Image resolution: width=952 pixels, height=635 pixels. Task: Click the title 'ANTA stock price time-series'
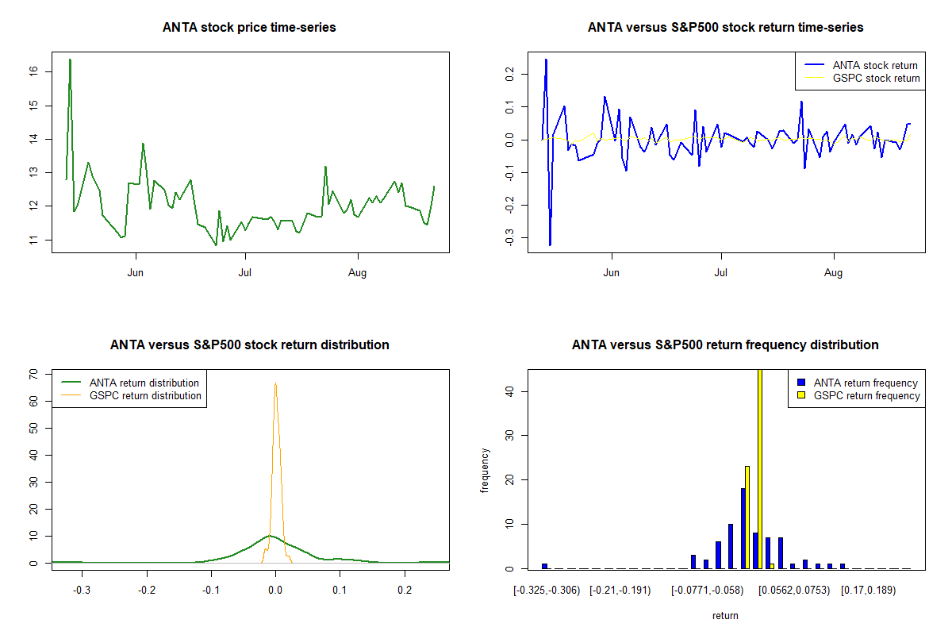coord(249,28)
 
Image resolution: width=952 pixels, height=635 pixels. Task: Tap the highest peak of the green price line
coord(70,60)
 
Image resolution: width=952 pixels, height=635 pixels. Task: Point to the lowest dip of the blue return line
coord(550,244)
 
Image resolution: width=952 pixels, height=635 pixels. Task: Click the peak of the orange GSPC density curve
coord(275,384)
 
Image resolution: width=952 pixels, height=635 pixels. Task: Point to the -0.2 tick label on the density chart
coord(146,591)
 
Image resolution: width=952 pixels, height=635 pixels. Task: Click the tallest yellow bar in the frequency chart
coord(760,468)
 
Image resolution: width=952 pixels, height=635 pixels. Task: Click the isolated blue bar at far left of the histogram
coord(545,566)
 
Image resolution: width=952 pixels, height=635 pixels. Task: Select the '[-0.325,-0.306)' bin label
coord(547,591)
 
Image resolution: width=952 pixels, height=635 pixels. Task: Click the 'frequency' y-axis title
coord(486,470)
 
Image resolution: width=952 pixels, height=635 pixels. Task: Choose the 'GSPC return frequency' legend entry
coord(866,395)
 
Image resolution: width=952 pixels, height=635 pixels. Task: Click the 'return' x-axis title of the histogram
coord(725,615)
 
